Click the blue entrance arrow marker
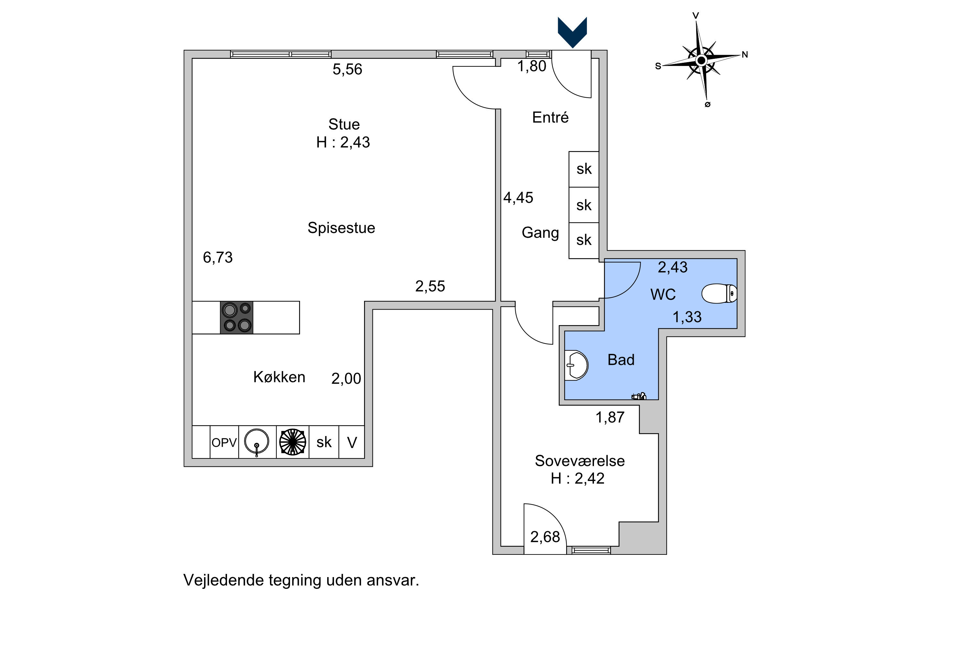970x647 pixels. pos(572,31)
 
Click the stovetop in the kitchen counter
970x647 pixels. pos(236,317)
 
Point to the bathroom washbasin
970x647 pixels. pos(577,365)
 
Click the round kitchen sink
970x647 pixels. pos(256,442)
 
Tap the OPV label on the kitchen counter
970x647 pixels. pos(224,443)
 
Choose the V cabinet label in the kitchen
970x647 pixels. pos(352,443)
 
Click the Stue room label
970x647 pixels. pos(344,124)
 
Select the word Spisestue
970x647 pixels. pos(341,228)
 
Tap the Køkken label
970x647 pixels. pos(279,377)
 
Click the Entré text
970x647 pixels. pos(550,118)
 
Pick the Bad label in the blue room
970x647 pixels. pos(621,360)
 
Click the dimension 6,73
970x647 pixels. pos(218,258)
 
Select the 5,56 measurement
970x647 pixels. pos(347,69)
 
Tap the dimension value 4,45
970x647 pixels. pos(518,198)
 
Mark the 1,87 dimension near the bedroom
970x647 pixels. pos(610,417)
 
